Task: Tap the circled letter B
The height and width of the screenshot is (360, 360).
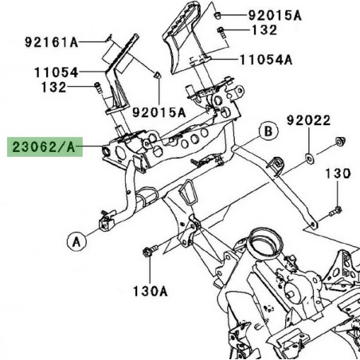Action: point(269,130)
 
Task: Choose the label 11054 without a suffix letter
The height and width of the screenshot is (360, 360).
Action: point(55,72)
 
